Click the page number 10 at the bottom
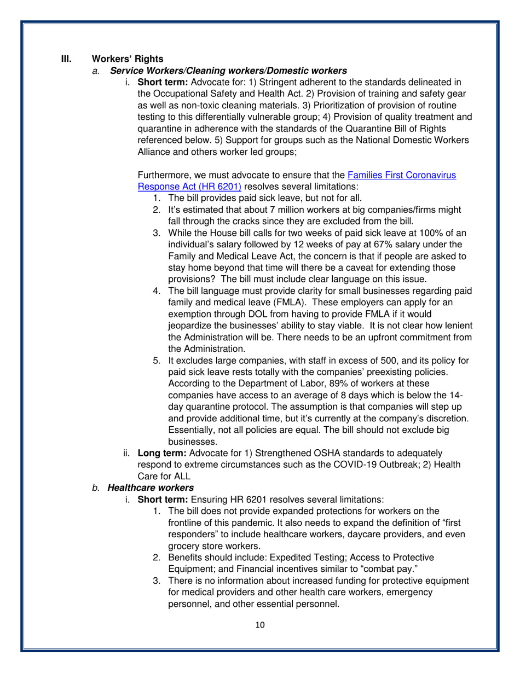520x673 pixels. click(x=260, y=625)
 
